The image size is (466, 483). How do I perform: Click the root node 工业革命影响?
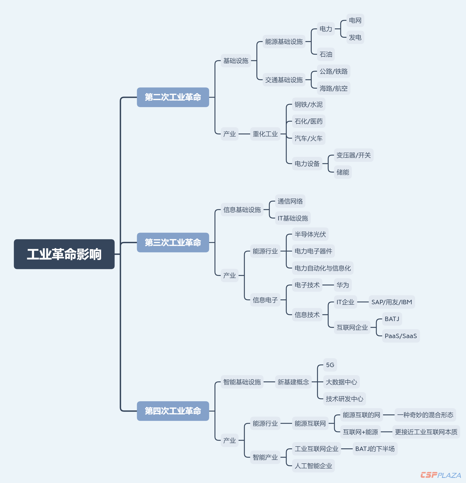64,254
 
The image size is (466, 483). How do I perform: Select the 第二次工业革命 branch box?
173,97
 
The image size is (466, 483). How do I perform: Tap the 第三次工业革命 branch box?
173,242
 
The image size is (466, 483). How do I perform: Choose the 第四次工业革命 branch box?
173,411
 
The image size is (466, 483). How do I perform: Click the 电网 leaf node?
355,20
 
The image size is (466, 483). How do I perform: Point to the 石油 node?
326,54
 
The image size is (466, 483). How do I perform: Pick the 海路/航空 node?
333,88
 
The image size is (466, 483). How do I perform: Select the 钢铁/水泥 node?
308,105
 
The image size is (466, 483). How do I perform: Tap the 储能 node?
343,172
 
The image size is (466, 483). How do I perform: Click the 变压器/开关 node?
353,155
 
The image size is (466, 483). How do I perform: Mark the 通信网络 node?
290,201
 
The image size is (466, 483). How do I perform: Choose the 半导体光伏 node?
310,234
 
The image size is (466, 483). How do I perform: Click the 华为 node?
343,285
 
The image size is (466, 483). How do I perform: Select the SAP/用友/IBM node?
392,302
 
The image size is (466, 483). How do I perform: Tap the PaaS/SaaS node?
401,336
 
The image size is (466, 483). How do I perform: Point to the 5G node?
330,365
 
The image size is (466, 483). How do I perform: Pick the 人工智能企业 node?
313,466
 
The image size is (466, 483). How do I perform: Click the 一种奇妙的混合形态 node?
425,415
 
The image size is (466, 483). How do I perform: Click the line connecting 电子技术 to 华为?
328,285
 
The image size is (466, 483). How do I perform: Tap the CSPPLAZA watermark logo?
441,475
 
